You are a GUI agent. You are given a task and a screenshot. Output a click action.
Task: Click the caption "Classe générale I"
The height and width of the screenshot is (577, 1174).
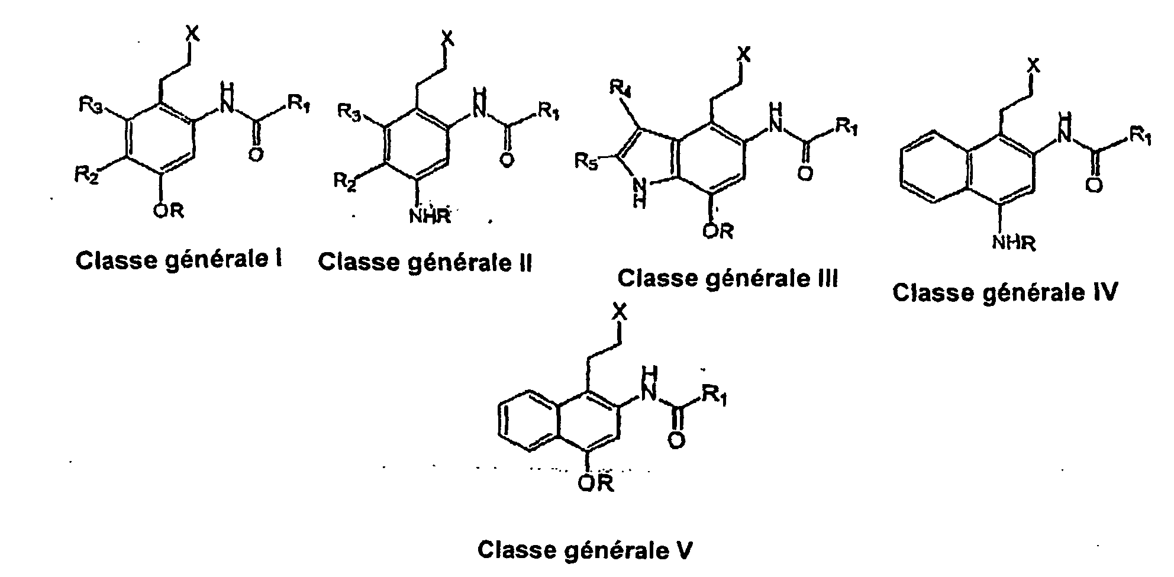click(x=178, y=260)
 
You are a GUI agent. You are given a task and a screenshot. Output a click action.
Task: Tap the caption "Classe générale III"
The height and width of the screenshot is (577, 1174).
click(x=727, y=278)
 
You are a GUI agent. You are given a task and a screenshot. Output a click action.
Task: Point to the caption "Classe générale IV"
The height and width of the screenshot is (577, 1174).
click(x=1005, y=292)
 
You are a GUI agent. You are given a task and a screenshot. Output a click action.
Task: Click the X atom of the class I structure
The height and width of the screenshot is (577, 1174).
click(x=193, y=34)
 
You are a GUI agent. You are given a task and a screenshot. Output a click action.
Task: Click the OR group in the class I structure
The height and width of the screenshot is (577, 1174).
click(x=169, y=210)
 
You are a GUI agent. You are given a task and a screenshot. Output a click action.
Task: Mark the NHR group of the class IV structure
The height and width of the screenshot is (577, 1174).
click(x=1014, y=242)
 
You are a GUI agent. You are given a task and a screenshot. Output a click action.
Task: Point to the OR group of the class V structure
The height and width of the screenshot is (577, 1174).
click(x=596, y=483)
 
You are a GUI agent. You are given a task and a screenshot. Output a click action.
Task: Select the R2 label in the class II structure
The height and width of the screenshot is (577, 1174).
click(x=344, y=180)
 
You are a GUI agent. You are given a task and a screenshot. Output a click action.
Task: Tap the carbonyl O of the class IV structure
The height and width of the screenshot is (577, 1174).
click(x=1094, y=186)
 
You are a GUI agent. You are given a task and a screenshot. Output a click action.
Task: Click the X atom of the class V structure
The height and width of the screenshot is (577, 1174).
click(x=619, y=311)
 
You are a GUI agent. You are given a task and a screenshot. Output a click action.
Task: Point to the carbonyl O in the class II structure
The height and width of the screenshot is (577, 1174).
click(x=505, y=160)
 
